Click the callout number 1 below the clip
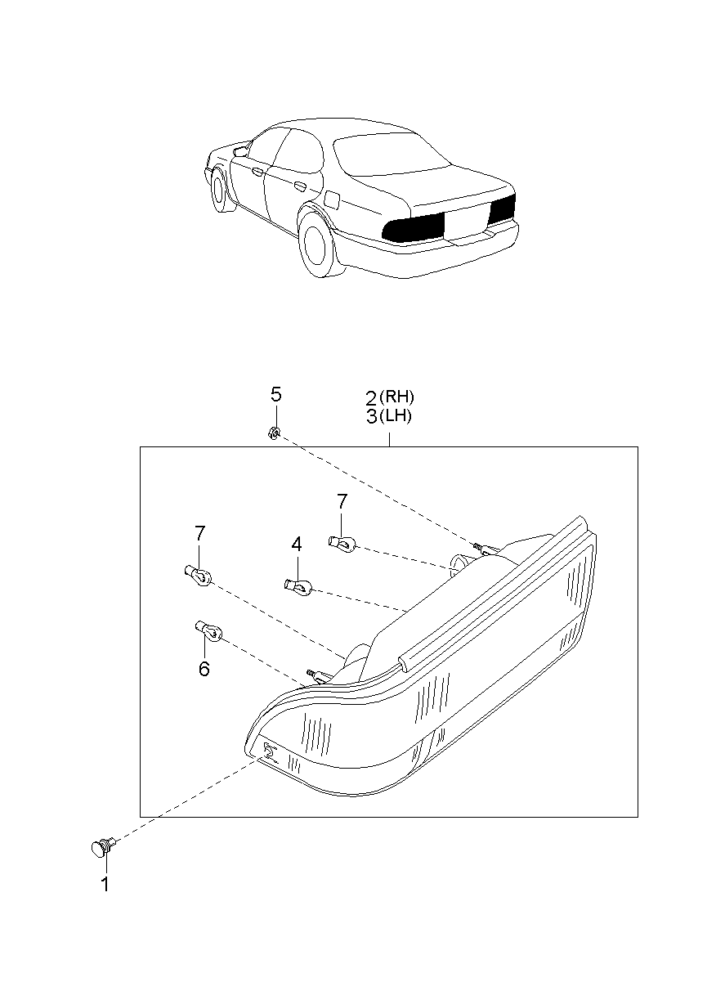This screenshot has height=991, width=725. click(x=105, y=884)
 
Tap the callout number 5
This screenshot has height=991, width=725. click(x=276, y=395)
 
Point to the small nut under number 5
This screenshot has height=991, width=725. click(x=275, y=433)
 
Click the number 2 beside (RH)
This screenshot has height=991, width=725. click(x=371, y=398)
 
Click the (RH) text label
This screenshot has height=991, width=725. click(x=400, y=397)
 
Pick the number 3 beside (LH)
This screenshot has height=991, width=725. click(x=371, y=417)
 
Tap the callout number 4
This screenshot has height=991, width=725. click(x=297, y=544)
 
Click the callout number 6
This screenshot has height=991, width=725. click(x=204, y=670)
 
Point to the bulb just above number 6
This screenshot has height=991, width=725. click(x=209, y=630)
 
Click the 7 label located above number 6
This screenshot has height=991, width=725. click(x=200, y=534)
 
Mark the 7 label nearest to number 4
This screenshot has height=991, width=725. click(x=342, y=500)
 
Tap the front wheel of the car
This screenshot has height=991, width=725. click(x=218, y=191)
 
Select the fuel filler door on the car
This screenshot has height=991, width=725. click(x=333, y=199)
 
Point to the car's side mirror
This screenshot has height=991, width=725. click(x=240, y=151)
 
